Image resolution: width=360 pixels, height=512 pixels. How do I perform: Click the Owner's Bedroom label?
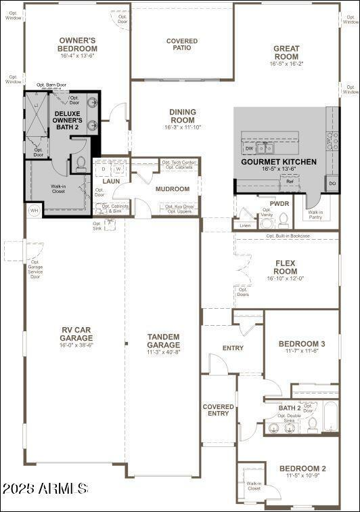pyautogui.click(x=78, y=45)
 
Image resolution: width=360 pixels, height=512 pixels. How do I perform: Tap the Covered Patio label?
pyautogui.click(x=182, y=45)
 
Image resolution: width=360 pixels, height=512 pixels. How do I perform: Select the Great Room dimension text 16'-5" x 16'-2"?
pyautogui.click(x=286, y=64)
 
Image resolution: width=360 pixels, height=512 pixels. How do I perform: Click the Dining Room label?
pyautogui.click(x=182, y=116)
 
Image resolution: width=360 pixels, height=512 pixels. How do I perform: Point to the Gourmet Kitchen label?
pyautogui.click(x=279, y=162)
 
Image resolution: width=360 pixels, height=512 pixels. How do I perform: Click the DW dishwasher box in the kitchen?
pyautogui.click(x=249, y=148)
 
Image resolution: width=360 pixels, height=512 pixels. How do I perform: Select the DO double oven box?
pyautogui.click(x=332, y=184)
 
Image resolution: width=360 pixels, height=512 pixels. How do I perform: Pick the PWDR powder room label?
pyautogui.click(x=279, y=203)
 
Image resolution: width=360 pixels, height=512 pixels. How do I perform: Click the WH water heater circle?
pyautogui.click(x=33, y=211)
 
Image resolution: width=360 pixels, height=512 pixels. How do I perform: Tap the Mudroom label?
pyautogui.click(x=172, y=189)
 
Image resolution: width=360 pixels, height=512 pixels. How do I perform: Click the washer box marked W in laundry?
pyautogui.click(x=118, y=169)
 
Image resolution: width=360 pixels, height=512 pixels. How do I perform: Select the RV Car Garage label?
pyautogui.click(x=76, y=334)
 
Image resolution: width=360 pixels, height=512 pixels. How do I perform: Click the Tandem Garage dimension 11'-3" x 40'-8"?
pyautogui.click(x=163, y=353)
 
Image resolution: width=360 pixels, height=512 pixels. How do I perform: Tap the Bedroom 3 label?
pyautogui.click(x=302, y=344)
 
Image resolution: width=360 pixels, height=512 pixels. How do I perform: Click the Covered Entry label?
pyautogui.click(x=219, y=410)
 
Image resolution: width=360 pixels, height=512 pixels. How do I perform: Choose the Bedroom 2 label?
pyautogui.click(x=302, y=469)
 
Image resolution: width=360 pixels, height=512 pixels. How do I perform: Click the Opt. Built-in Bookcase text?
pyautogui.click(x=288, y=236)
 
